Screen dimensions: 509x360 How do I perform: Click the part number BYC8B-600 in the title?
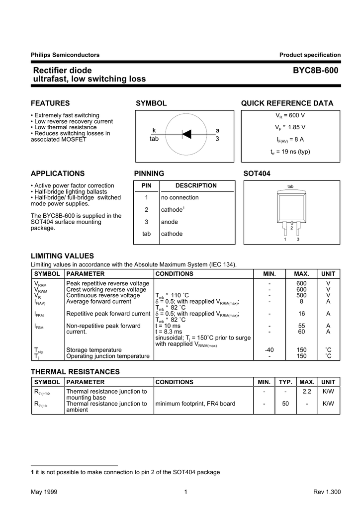[x=316, y=71]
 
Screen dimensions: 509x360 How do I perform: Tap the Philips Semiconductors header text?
[x=65, y=55]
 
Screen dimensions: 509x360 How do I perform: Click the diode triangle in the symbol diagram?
[x=187, y=134]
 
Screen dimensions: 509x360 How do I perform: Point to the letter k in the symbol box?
[x=154, y=130]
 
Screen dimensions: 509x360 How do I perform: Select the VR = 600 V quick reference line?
[x=290, y=115]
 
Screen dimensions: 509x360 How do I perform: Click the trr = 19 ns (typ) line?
[x=290, y=151]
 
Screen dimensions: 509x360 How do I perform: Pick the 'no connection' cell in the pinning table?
[x=180, y=197]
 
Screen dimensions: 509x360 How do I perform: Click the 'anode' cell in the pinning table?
[x=170, y=222]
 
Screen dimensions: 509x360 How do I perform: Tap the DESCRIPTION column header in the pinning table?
[x=196, y=185]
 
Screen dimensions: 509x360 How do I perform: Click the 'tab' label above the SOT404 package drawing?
[x=291, y=187]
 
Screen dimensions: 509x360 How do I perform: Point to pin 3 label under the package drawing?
[x=298, y=240]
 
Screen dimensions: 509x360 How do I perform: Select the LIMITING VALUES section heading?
[x=62, y=255]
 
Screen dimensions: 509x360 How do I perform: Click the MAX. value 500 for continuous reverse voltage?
[x=301, y=295]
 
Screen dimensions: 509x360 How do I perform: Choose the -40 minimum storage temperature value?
[x=270, y=350]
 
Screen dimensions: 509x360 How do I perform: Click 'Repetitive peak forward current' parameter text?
[x=108, y=314]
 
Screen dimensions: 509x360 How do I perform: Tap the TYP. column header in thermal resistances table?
[x=285, y=382]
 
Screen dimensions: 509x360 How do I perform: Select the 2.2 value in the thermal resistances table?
[x=307, y=392]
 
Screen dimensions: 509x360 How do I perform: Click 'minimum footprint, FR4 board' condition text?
[x=195, y=404]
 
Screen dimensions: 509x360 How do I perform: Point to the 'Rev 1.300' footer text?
[x=327, y=492]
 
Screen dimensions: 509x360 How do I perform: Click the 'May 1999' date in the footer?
[x=44, y=492]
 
